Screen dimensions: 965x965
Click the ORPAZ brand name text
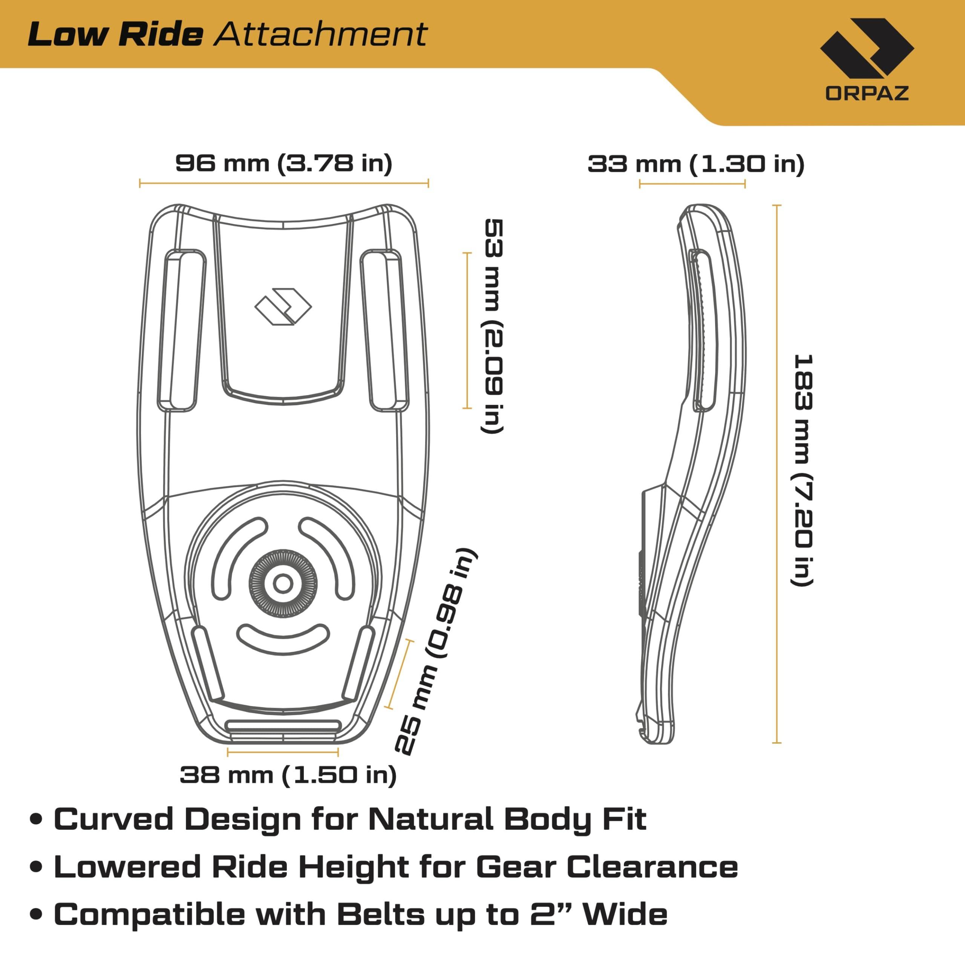867,93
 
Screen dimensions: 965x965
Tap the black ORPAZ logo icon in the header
867,48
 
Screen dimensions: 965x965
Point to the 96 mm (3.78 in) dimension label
284,163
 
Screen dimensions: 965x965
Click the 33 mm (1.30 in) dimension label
696,164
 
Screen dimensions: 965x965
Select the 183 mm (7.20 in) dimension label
804,470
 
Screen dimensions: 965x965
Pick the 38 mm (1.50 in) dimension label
288,775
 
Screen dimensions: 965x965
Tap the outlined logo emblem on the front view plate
283,306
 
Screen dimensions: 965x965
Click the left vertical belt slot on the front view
182,331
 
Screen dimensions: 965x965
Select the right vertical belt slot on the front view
384,331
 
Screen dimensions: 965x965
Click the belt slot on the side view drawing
704,331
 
